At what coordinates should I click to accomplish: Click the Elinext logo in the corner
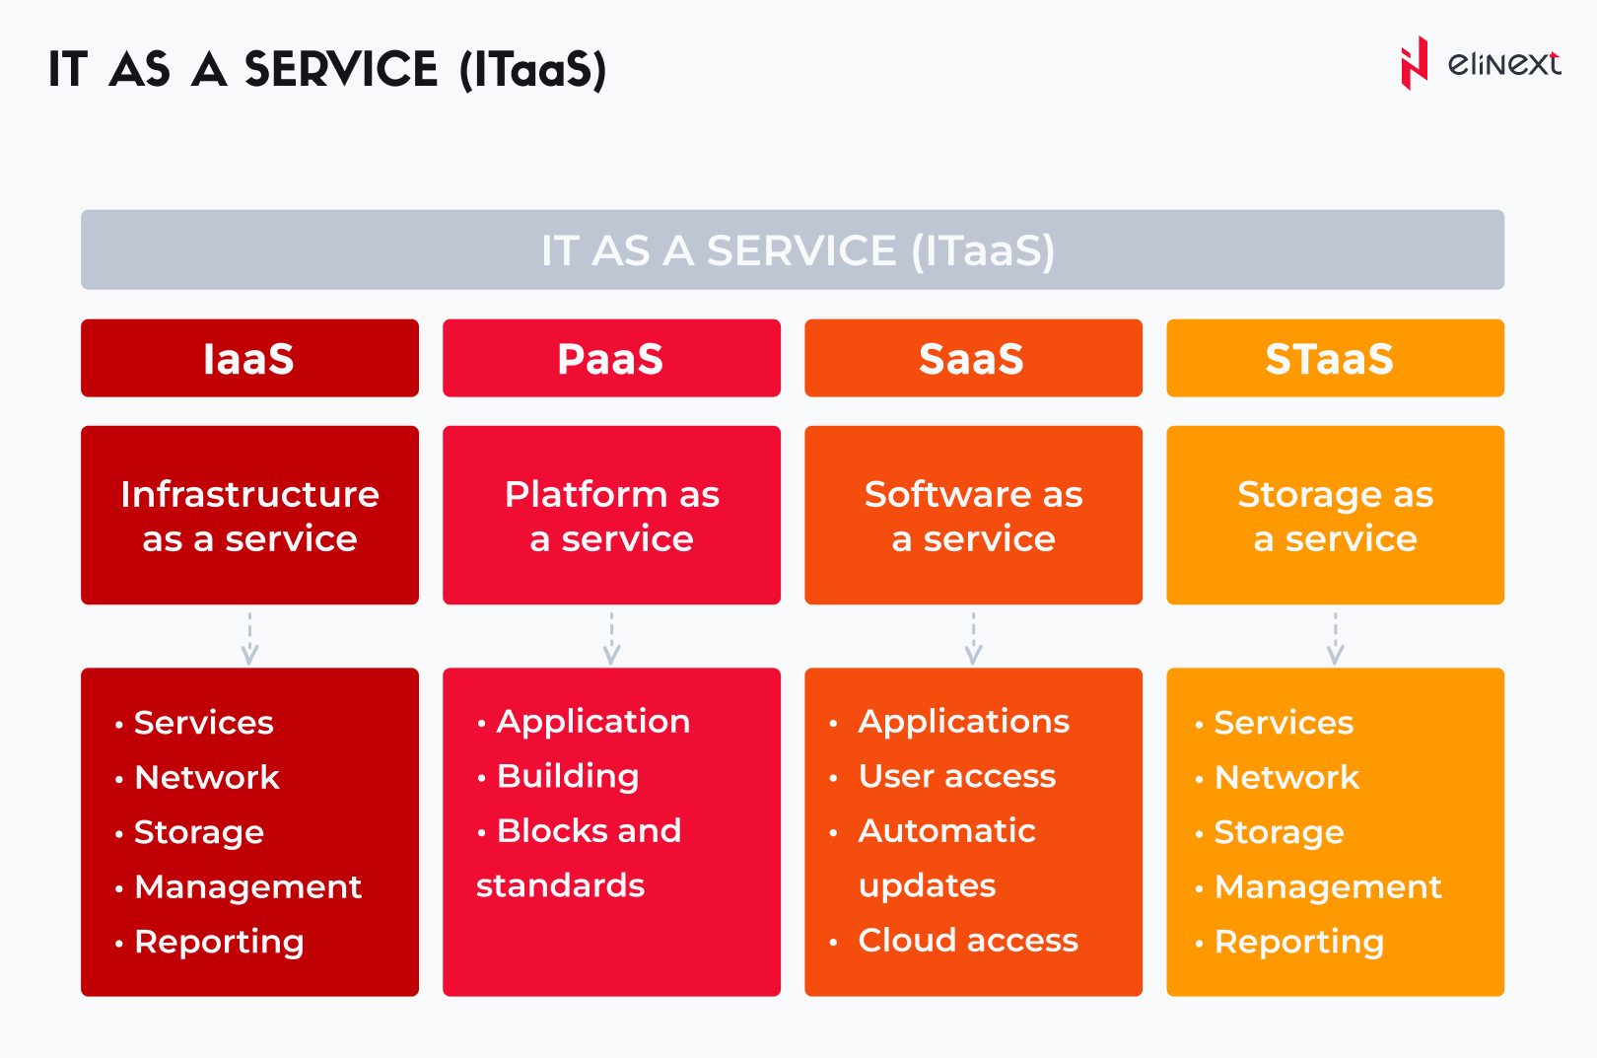(1481, 63)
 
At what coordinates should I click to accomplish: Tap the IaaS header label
(248, 359)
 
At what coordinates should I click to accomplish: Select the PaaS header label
(610, 359)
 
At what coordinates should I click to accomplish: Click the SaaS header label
(972, 359)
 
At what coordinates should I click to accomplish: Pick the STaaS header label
(1330, 359)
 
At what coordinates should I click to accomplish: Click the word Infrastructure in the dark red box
(249, 494)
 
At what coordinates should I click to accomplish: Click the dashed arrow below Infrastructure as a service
(249, 639)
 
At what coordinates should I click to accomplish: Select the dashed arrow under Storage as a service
(1336, 639)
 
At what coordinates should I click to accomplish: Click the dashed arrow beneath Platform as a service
(612, 639)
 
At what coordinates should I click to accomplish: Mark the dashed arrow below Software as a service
(973, 639)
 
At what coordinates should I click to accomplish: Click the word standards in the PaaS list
(560, 885)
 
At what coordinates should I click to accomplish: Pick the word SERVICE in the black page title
(341, 70)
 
